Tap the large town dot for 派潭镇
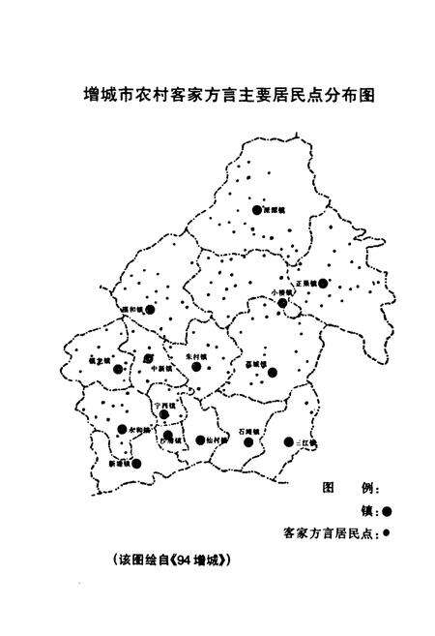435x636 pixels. coord(256,209)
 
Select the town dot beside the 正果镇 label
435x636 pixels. coord(323,284)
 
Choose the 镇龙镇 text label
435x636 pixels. coord(101,360)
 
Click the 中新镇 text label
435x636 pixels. coord(155,369)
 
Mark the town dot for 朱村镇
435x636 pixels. coord(196,366)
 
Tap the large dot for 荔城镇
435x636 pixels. coord(273,371)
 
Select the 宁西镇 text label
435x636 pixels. coord(165,404)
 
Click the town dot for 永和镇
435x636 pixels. coord(122,429)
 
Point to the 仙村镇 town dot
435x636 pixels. coord(200,440)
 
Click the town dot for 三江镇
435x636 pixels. coord(288,442)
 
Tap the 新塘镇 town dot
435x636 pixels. coord(136,464)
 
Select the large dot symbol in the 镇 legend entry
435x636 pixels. coord(387,510)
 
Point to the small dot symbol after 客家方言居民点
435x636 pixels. coord(386,532)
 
